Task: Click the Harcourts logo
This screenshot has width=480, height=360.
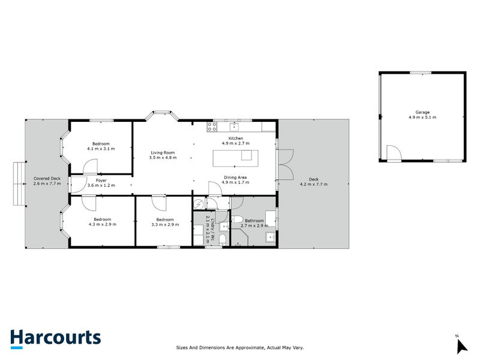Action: coord(55,338)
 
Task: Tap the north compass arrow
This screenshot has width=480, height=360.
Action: coord(461,345)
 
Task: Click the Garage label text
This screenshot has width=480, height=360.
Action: coord(422,112)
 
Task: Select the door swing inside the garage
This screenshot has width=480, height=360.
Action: coord(394,154)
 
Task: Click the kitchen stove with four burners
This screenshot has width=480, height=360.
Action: coord(212,126)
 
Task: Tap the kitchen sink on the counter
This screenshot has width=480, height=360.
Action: coord(234,126)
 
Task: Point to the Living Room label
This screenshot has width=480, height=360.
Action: coord(161,154)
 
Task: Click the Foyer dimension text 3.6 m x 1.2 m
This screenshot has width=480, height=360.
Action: coord(101,185)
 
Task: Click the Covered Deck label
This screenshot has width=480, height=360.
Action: coord(47,178)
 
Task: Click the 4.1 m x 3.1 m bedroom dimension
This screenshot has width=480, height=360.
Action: coord(101,148)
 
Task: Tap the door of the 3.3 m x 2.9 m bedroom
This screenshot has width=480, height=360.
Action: coord(158,202)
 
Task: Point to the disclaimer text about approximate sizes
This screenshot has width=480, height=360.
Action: coord(239,347)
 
